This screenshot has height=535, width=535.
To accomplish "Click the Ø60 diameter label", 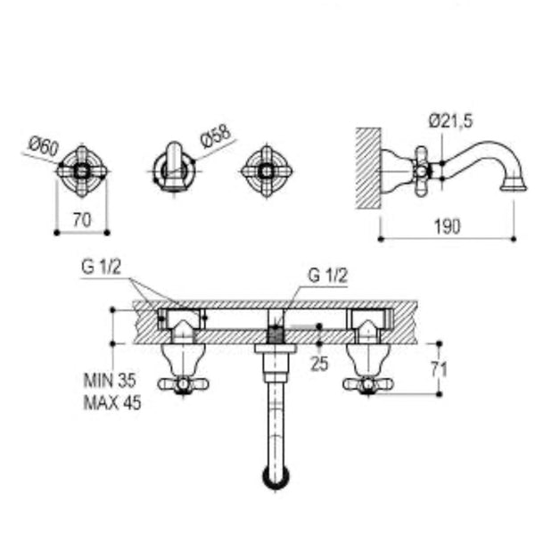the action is [x=44, y=145].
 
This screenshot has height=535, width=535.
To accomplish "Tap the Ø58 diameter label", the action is [x=216, y=136].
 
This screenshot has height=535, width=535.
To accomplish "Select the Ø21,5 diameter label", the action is [x=450, y=120].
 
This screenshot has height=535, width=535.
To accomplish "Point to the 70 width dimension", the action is [x=82, y=219].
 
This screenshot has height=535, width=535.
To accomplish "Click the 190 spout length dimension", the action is [x=447, y=226].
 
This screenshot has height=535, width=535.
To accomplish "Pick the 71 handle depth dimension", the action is [x=439, y=369].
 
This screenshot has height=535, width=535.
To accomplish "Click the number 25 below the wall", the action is [x=319, y=364].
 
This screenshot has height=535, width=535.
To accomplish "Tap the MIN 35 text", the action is [x=110, y=380].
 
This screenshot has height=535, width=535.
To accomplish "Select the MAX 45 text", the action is [x=112, y=403].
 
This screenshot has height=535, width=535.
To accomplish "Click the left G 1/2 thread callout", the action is [x=101, y=267].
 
